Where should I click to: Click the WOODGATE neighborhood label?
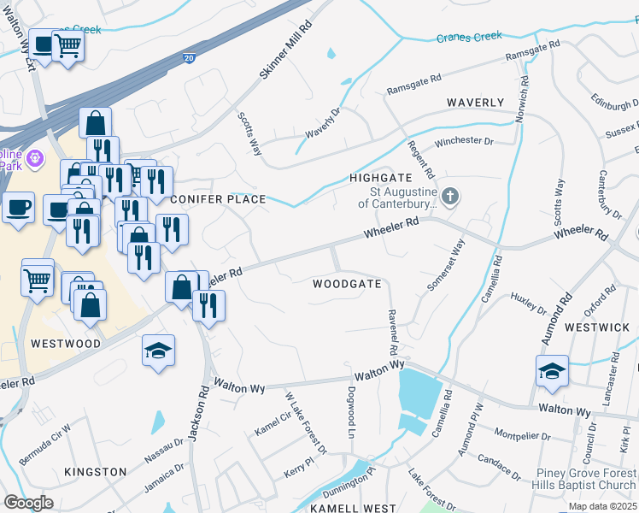(347, 283)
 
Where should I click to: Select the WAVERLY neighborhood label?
(476, 103)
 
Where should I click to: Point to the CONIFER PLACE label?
(218, 199)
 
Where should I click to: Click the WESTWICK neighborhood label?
(597, 327)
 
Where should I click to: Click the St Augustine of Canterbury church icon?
(450, 198)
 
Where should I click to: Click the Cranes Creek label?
(469, 38)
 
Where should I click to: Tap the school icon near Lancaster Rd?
(552, 371)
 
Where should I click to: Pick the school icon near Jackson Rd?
(159, 351)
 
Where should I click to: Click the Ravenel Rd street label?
(394, 333)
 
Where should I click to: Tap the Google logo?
(29, 503)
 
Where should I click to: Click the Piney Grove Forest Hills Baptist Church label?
(585, 479)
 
